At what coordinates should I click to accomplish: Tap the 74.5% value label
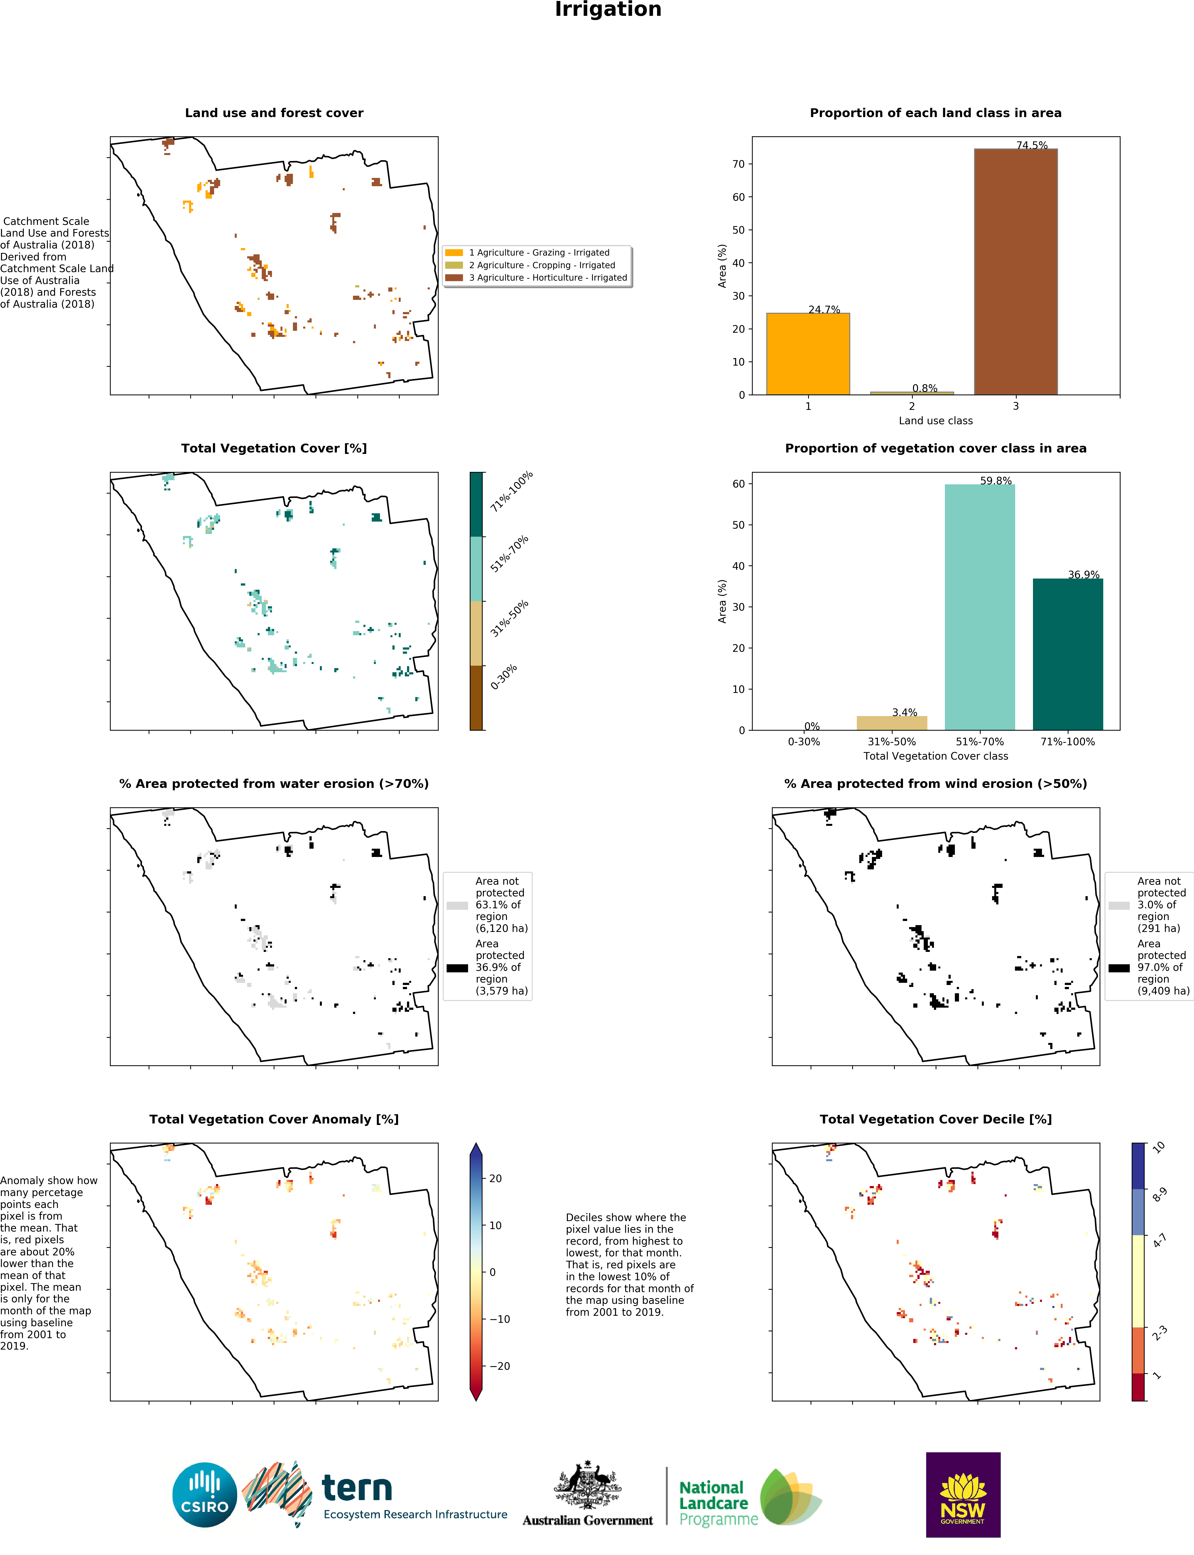coord(1031,145)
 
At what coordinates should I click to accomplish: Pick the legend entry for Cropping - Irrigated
coord(542,265)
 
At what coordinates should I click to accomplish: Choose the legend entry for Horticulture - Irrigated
coord(547,278)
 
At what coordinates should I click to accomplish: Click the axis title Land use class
coord(935,421)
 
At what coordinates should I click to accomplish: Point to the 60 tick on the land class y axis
coord(739,197)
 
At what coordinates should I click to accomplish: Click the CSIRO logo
coord(205,1495)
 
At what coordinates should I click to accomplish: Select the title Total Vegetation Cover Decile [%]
coord(935,1119)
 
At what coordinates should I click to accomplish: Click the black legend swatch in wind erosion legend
coord(1119,968)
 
